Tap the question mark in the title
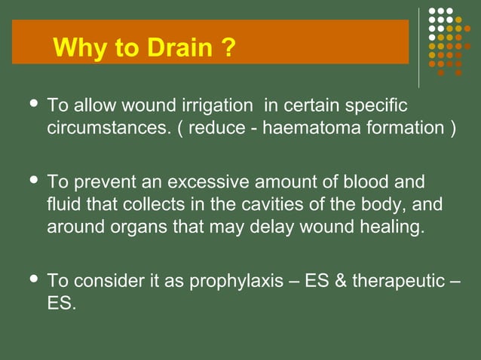[x=228, y=49]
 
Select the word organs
[x=126, y=227]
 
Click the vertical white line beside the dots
[x=419, y=47]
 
